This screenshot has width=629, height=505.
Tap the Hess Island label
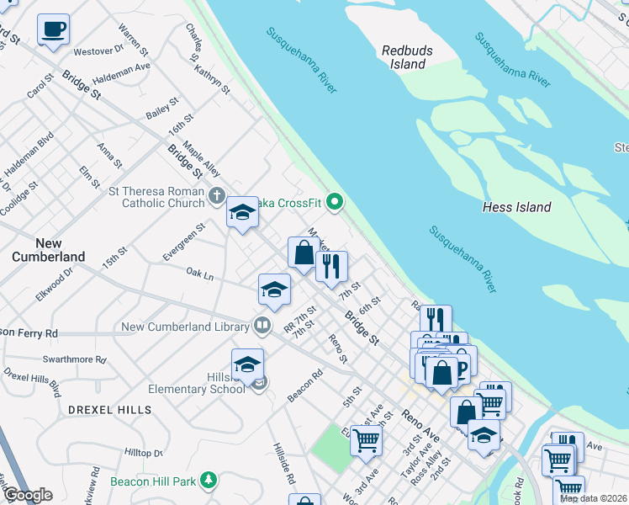(x=516, y=207)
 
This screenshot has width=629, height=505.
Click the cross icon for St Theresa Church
(x=217, y=197)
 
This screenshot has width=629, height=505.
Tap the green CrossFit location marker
(x=336, y=201)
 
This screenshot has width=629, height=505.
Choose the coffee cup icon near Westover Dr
(x=53, y=29)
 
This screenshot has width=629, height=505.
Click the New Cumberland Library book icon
(x=262, y=326)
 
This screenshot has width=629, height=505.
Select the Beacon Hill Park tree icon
(x=209, y=481)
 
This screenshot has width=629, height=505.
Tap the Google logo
(x=28, y=495)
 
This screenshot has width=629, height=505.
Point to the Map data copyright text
(x=594, y=498)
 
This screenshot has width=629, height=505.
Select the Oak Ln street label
(x=199, y=274)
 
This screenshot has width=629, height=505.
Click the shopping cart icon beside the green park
(x=366, y=439)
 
